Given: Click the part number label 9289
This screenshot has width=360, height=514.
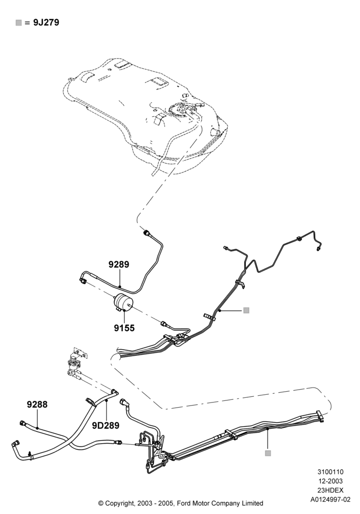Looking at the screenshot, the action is coord(119,264).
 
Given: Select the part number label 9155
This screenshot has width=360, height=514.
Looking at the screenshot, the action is coord(124,328).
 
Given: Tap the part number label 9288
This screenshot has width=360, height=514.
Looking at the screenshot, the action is coord(37,405).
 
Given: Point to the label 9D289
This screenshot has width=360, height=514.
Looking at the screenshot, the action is coord(105,426).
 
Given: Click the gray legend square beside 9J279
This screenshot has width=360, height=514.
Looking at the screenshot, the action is coord(19,23).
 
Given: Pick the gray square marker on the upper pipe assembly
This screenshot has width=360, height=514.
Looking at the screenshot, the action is coord(246,310).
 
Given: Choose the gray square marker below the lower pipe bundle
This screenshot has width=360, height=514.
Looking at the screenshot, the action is coord(268,453).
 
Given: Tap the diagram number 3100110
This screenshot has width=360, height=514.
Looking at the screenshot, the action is coord(330,472).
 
